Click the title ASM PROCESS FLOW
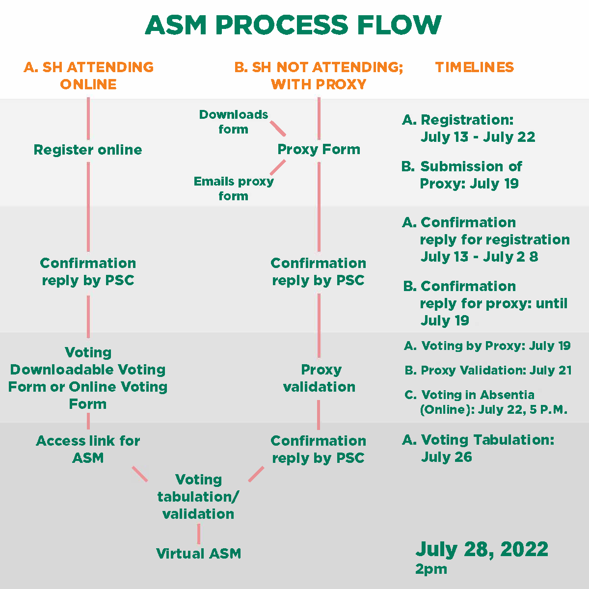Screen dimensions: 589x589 [294, 26]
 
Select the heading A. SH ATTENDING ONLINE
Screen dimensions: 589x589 [88, 76]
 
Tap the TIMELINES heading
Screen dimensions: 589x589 [474, 67]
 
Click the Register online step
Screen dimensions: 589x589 [88, 150]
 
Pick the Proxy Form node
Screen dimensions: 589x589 [319, 149]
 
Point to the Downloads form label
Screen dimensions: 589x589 [234, 122]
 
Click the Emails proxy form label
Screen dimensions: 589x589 [234, 188]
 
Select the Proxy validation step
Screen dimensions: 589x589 [320, 378]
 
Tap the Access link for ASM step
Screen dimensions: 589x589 [88, 449]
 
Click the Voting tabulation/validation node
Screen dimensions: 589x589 [198, 497]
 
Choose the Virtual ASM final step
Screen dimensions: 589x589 [198, 554]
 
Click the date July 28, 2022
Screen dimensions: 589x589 [482, 549]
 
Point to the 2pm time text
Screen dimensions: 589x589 [431, 569]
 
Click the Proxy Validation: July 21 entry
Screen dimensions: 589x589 [488, 371]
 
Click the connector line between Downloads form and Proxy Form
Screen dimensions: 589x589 [278, 128]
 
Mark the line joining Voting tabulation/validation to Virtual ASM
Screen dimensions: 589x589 [198, 534]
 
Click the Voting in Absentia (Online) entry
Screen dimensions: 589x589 [486, 402]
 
